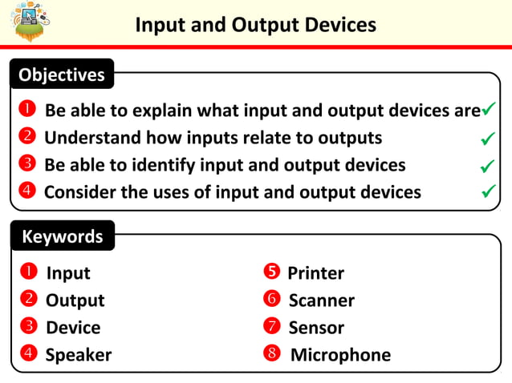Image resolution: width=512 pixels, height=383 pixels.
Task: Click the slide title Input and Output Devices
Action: tap(255, 25)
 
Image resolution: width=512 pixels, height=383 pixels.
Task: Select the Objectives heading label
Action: tap(62, 75)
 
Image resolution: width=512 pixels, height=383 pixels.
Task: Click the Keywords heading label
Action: tap(62, 236)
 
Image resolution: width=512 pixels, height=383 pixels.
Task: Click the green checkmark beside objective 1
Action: tap(488, 109)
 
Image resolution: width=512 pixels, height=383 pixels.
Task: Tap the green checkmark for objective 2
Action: tap(486, 139)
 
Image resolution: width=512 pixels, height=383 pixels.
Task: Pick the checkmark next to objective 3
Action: tap(486, 166)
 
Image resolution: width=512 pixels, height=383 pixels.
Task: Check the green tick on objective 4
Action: tap(486, 192)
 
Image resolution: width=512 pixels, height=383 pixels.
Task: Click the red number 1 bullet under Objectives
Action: tap(26, 110)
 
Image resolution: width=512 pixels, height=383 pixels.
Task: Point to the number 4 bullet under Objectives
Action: tap(26, 191)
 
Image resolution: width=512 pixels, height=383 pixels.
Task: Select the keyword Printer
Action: tap(315, 273)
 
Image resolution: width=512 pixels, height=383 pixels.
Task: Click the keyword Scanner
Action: tap(321, 300)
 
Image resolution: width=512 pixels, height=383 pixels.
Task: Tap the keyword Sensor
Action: tap(316, 328)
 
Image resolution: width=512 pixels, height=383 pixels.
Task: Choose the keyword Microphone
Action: tap(340, 355)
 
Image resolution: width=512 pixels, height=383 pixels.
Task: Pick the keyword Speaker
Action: tap(79, 355)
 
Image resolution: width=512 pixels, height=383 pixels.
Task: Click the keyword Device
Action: tap(73, 328)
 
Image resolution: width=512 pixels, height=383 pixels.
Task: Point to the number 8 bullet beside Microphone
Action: tap(272, 354)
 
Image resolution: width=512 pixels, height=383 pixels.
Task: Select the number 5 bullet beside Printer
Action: tap(271, 272)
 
